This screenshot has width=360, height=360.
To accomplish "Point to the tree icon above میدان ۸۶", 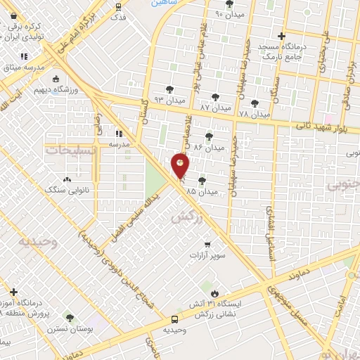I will [x=208, y=136].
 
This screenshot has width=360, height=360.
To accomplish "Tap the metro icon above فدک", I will [x=117, y=7].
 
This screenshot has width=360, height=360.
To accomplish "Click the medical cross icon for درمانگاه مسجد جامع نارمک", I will [x=281, y=36].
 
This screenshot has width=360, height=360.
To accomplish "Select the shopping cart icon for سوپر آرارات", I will [x=207, y=245].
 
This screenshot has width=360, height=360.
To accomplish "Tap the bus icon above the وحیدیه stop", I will [x=175, y=319].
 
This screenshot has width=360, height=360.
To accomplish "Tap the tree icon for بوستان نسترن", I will [x=69, y=318].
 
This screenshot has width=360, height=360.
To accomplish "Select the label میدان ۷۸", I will [x=255, y=113].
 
